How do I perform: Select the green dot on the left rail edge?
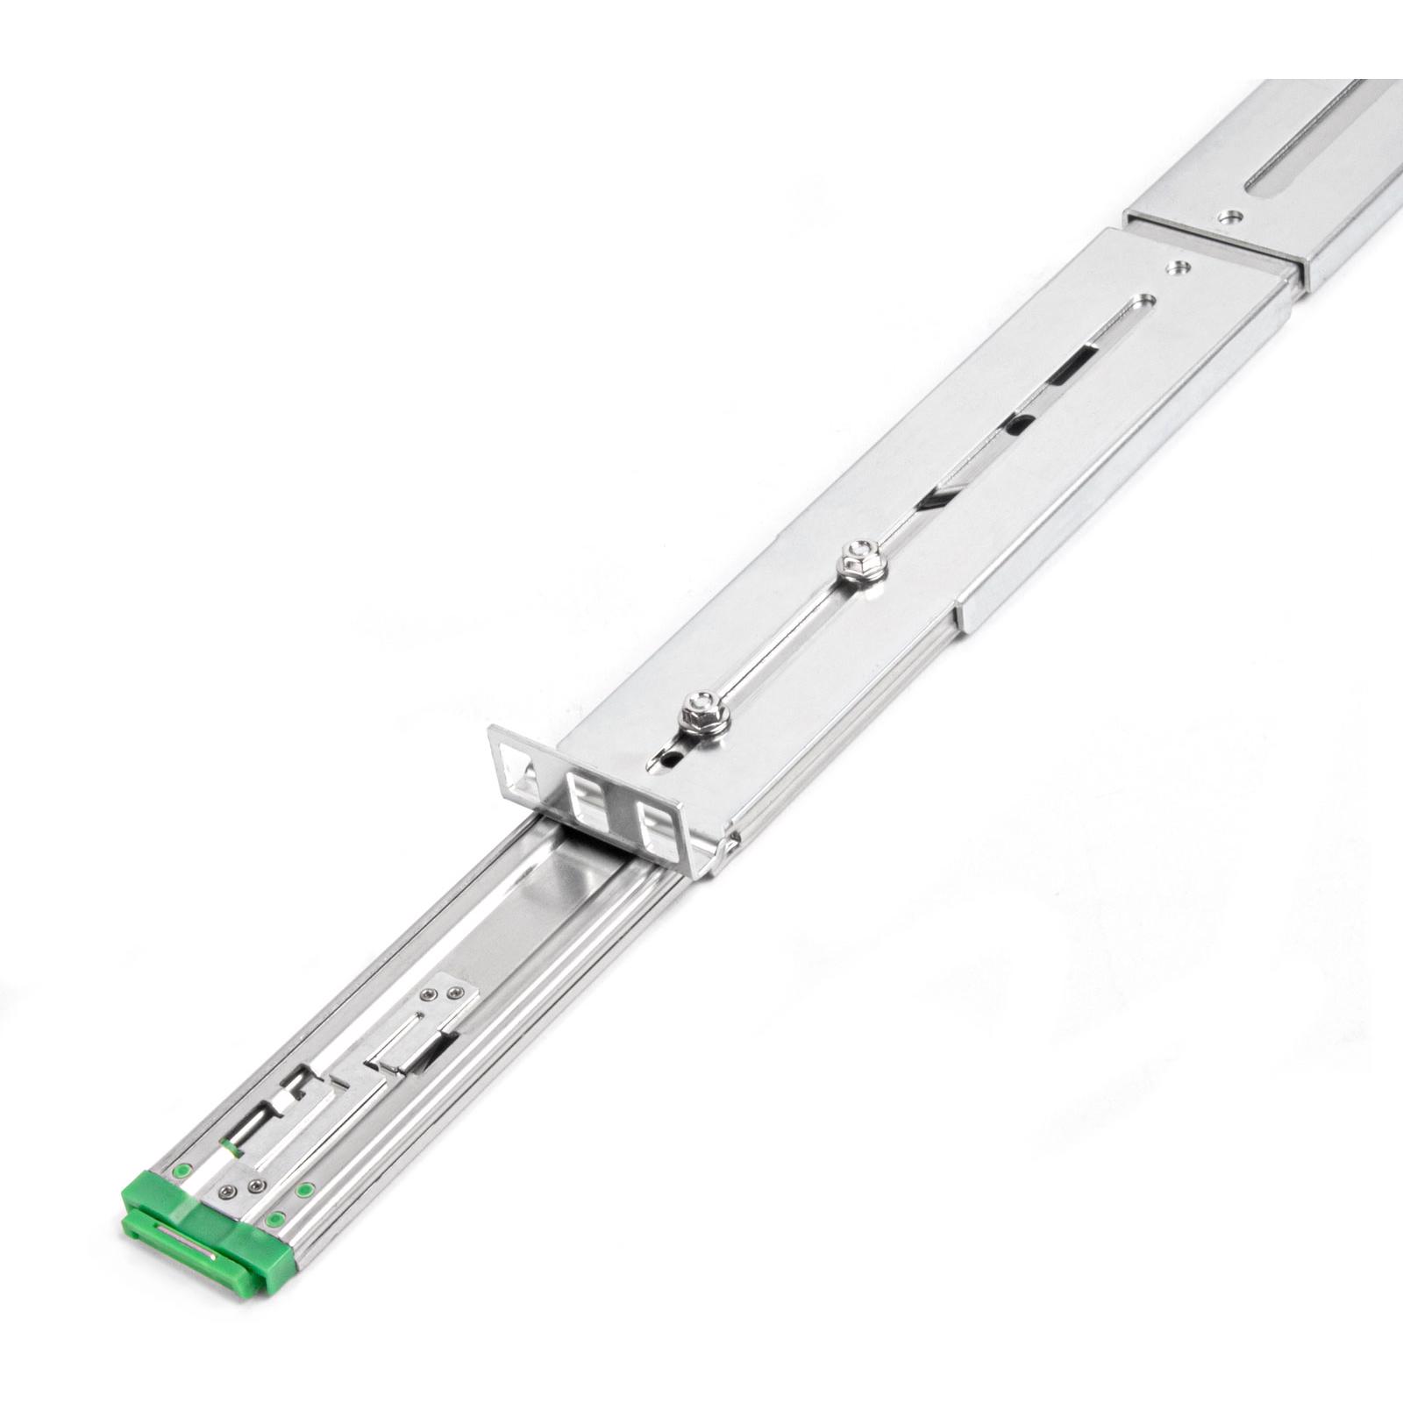click(x=182, y=1169)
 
